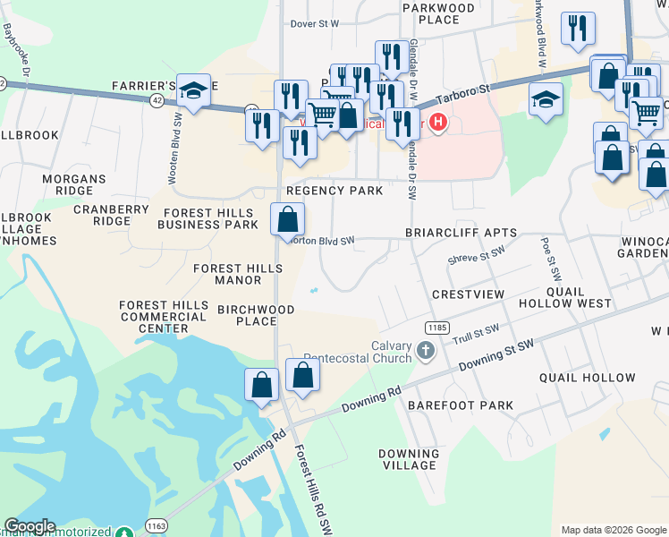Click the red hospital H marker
pos(438,123)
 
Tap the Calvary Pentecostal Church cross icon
pos(425,349)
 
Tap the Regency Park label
pos(334,191)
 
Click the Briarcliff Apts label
pos(461,233)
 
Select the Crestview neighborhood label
pos(468,294)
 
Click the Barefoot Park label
pos(461,405)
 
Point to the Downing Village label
pos(408,459)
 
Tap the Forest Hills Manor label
pos(228,274)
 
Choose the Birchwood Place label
pos(256,315)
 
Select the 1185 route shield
pos(436,328)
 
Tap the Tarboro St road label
pos(464,91)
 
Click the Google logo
pos(30,526)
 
